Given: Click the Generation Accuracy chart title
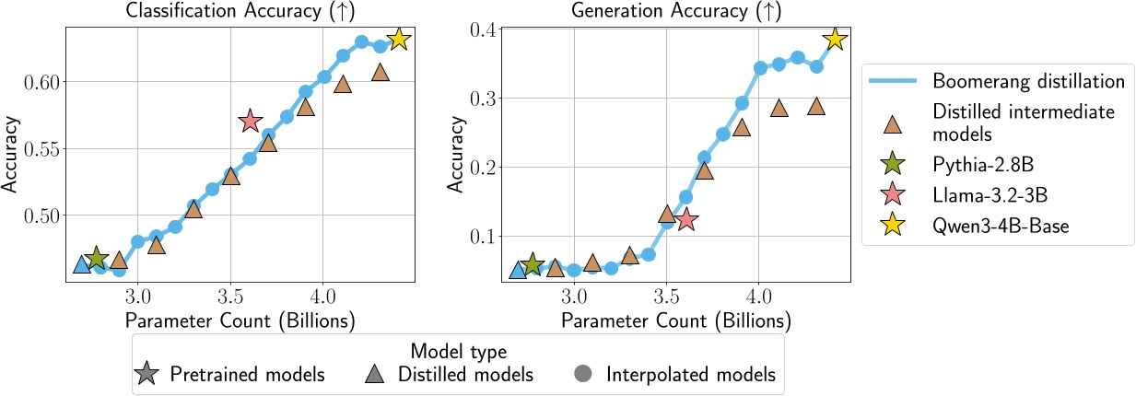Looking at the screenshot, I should click(x=675, y=12).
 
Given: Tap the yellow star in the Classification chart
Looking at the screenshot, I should click(x=398, y=39).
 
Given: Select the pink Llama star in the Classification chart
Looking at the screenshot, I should click(x=250, y=121).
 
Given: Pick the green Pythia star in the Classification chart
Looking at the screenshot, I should click(x=97, y=259).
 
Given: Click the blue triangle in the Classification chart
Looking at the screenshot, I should click(x=82, y=265).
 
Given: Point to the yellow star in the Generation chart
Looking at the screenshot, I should click(x=835, y=39).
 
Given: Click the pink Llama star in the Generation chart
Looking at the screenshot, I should click(x=685, y=220).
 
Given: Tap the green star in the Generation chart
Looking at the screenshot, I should click(x=533, y=265).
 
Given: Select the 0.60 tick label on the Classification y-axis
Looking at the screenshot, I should click(x=41, y=82).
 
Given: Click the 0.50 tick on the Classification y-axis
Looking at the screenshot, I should click(x=41, y=215).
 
